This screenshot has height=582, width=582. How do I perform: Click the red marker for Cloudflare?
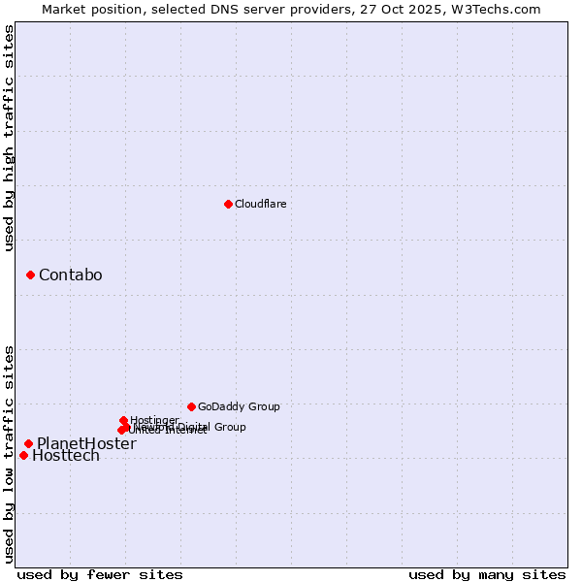(x=228, y=204)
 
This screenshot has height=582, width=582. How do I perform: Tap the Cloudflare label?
(x=260, y=204)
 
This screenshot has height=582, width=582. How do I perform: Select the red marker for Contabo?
(x=30, y=275)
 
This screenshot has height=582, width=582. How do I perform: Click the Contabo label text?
(x=70, y=275)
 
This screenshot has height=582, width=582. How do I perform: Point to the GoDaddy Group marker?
(x=191, y=406)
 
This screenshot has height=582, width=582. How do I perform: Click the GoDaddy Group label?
(x=239, y=406)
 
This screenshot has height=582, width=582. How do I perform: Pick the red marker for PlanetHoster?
(x=28, y=443)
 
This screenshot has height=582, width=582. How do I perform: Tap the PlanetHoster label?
(x=86, y=443)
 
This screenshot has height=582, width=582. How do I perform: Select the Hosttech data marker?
(x=23, y=455)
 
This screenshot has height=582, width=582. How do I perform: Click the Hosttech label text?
(x=66, y=456)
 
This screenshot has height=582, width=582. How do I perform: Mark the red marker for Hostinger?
(x=123, y=420)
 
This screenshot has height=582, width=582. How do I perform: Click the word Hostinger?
(x=154, y=420)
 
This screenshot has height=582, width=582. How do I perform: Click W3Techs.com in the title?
(x=500, y=9)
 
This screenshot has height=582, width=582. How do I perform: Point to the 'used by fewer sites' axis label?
(x=100, y=574)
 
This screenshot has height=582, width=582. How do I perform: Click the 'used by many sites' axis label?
(x=487, y=574)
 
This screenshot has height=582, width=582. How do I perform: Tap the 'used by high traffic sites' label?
(x=9, y=138)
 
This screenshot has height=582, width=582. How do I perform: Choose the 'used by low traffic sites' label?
(x=9, y=453)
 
